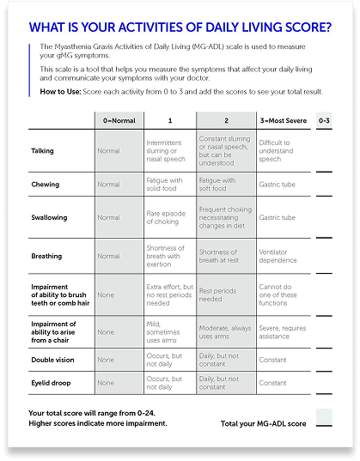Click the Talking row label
[42, 151]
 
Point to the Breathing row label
[46, 256]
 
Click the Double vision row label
[53, 360]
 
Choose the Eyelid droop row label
[51, 383]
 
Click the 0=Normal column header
[119, 120]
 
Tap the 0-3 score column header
[324, 120]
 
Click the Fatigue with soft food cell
[217, 185]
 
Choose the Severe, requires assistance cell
[284, 331]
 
